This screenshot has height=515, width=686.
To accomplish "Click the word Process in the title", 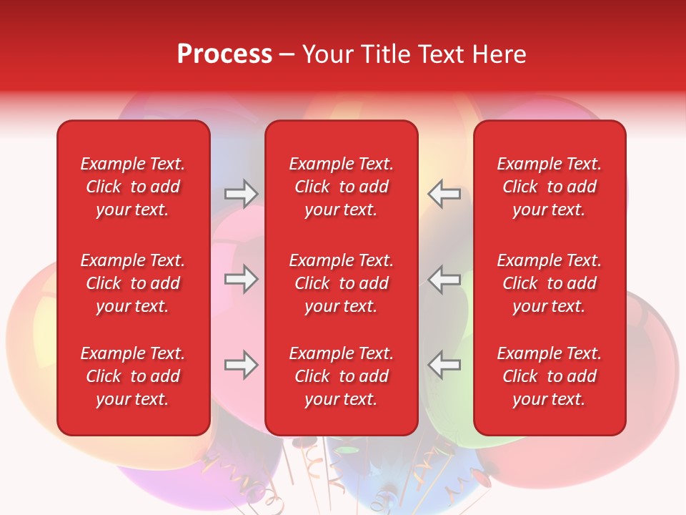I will point(224,54).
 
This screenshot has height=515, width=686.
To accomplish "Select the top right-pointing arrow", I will point(242,193).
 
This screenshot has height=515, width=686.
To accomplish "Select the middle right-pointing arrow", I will point(242,279).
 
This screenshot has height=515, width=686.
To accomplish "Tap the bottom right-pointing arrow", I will point(242,365).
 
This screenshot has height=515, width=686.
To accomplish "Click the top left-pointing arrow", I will point(444,193).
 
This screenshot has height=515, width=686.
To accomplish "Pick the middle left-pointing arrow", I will point(444,279).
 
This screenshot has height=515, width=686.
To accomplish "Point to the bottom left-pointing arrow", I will point(444,365).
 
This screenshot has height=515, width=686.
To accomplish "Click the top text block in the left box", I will point(133,187).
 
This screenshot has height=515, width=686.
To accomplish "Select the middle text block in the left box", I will point(133,283).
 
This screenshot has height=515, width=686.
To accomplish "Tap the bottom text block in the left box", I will point(133,376).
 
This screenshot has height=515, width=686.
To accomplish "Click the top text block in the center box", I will point(341,187).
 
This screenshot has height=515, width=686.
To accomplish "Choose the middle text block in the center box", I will point(341,283).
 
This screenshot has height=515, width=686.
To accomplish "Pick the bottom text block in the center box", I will point(341,376).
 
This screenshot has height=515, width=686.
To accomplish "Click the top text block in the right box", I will point(549,187).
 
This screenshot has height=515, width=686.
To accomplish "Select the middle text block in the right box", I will point(549,283).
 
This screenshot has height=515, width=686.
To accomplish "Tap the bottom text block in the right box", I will point(549,376).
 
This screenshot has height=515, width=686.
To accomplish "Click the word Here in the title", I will point(499,54).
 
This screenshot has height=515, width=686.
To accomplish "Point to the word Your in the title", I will point(327,54).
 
